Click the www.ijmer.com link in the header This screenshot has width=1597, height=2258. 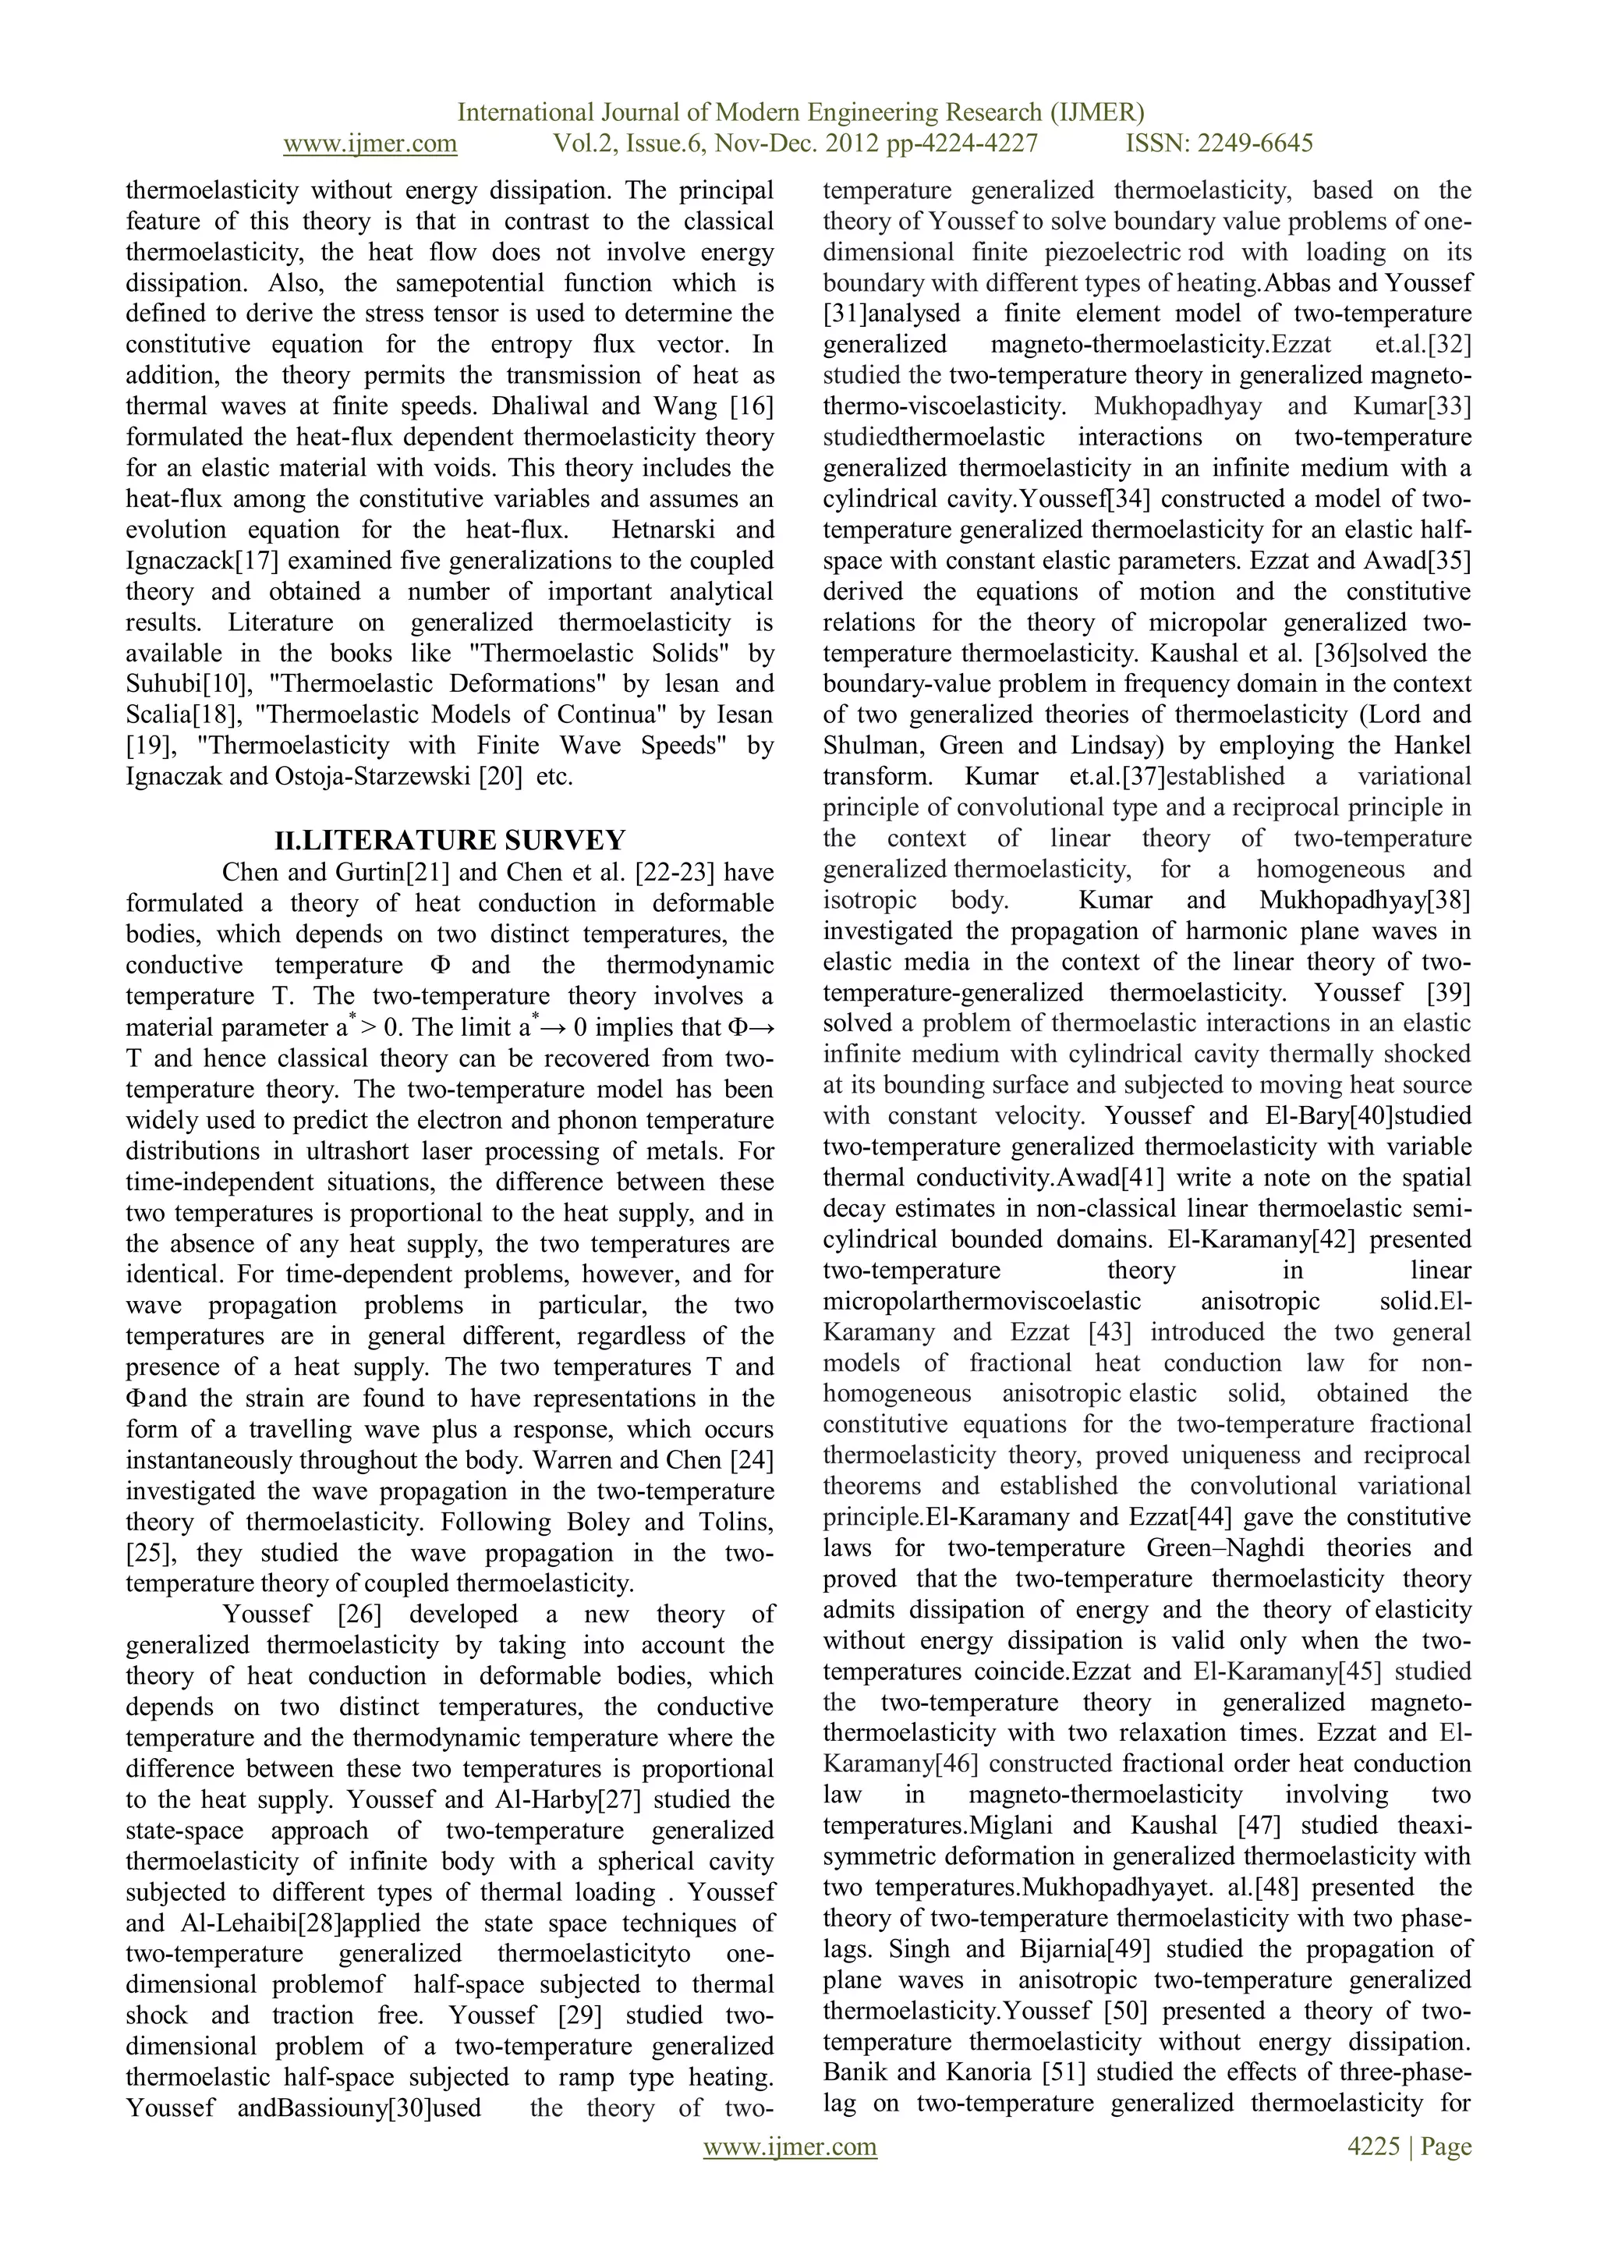coord(370,144)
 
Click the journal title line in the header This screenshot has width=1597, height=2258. coord(801,112)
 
